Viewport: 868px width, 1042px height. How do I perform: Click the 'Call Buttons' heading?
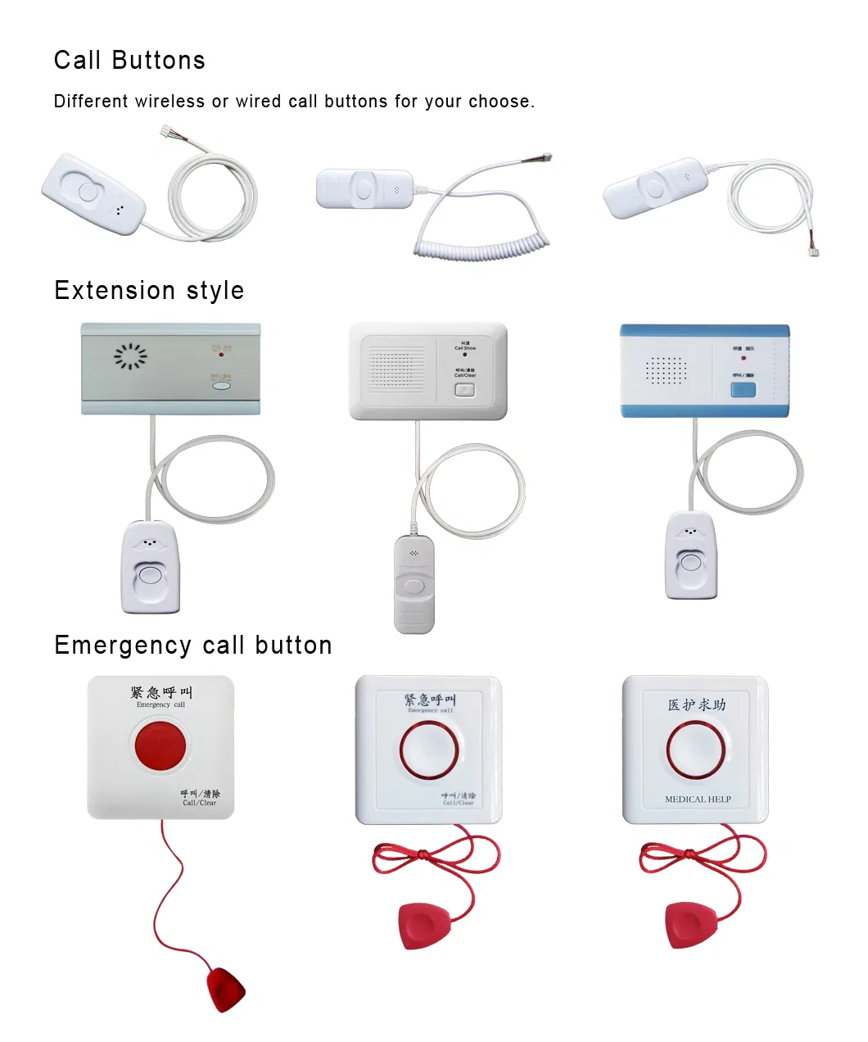pyautogui.click(x=129, y=61)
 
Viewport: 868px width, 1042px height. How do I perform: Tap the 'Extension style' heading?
pyautogui.click(x=149, y=291)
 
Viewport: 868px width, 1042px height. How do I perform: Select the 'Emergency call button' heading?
pyautogui.click(x=193, y=646)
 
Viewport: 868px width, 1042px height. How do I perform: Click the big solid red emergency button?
pyautogui.click(x=160, y=745)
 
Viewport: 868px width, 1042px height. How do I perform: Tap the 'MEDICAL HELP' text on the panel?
pyautogui.click(x=698, y=800)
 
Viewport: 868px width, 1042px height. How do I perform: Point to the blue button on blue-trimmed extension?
pyautogui.click(x=743, y=389)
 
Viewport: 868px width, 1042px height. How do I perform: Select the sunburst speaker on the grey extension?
pyautogui.click(x=130, y=356)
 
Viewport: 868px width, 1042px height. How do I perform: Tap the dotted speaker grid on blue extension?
pyautogui.click(x=666, y=370)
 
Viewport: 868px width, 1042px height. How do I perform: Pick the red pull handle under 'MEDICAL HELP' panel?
pyautogui.click(x=691, y=924)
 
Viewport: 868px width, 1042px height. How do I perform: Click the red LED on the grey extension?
pyautogui.click(x=221, y=354)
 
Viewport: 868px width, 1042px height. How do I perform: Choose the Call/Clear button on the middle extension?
pyautogui.click(x=464, y=389)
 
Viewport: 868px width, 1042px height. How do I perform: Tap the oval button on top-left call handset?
pyautogui.click(x=88, y=193)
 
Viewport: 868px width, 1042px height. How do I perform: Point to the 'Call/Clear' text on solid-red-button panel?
pyautogui.click(x=200, y=803)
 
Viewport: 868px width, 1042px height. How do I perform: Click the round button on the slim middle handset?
pyautogui.click(x=414, y=586)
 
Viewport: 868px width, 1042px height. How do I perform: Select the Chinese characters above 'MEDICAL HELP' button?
pyautogui.click(x=696, y=704)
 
